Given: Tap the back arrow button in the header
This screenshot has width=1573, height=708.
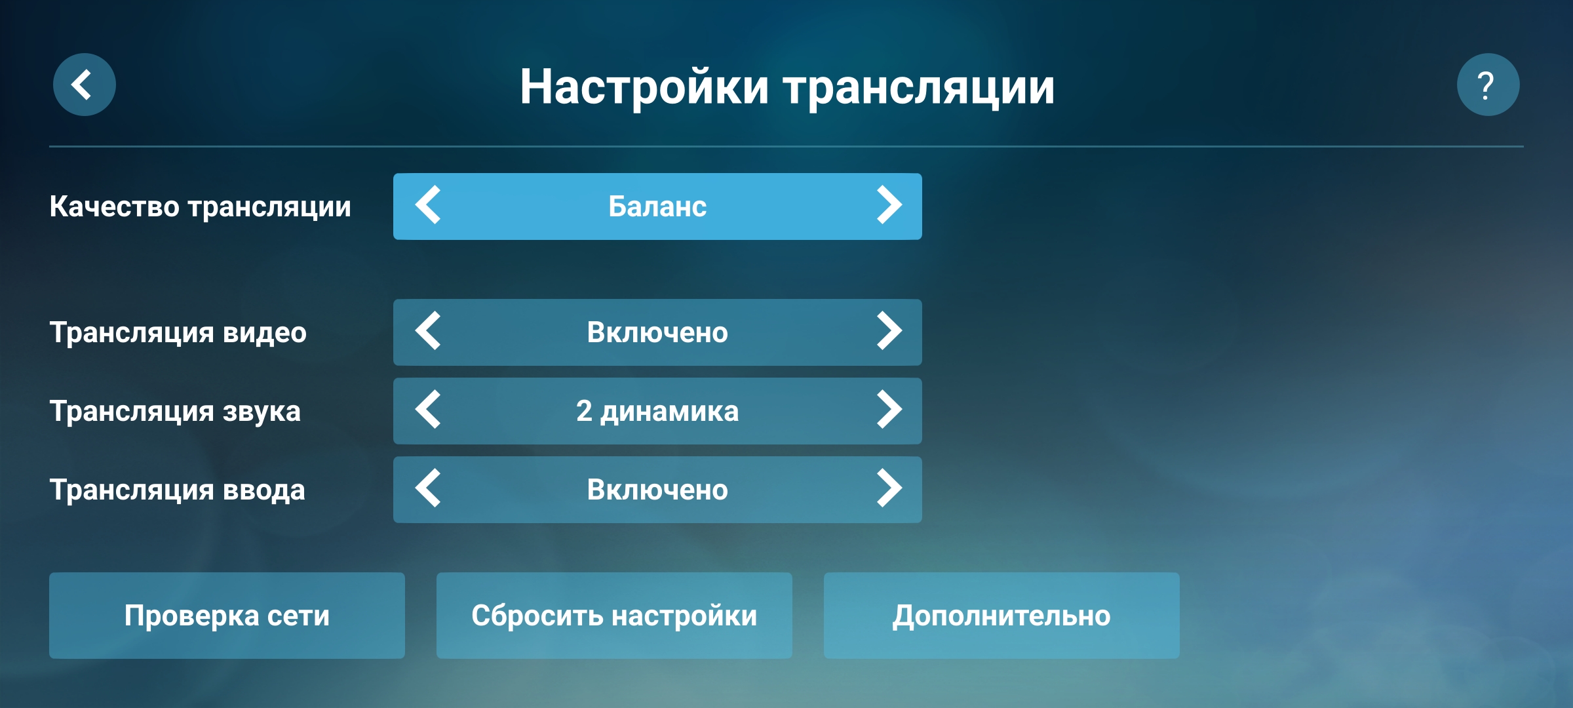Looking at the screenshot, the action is pos(85,85).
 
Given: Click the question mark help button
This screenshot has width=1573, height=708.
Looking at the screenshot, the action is pos(1488,85).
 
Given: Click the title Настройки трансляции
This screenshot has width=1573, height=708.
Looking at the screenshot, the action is pos(787,87).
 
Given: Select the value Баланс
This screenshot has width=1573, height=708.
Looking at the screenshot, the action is pos(657,206).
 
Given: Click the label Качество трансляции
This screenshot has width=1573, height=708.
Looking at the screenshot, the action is pos(201,207).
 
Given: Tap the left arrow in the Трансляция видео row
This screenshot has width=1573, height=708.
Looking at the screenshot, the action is pos(429,331).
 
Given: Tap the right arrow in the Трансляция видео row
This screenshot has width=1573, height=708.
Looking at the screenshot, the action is pos(889,331).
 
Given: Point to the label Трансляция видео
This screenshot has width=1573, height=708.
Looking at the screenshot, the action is pos(178,333).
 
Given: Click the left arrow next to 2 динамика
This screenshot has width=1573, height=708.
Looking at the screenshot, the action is pos(429,410).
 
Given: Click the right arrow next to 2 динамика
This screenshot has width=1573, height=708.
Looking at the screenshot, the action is pos(889,410).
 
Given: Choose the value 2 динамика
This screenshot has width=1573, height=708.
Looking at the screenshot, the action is pos(657,412).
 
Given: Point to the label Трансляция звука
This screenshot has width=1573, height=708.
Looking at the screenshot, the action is pos(175,412).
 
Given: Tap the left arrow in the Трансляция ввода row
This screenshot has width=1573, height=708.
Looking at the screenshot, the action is pos(429,488).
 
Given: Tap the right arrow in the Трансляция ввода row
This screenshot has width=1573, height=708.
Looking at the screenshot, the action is pos(889,488).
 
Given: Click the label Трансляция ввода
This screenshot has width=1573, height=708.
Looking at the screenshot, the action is pos(178,490).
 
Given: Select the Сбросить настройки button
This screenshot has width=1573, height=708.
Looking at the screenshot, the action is pos(614,616).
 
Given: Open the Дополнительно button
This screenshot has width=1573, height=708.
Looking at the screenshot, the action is pos(1001,616).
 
